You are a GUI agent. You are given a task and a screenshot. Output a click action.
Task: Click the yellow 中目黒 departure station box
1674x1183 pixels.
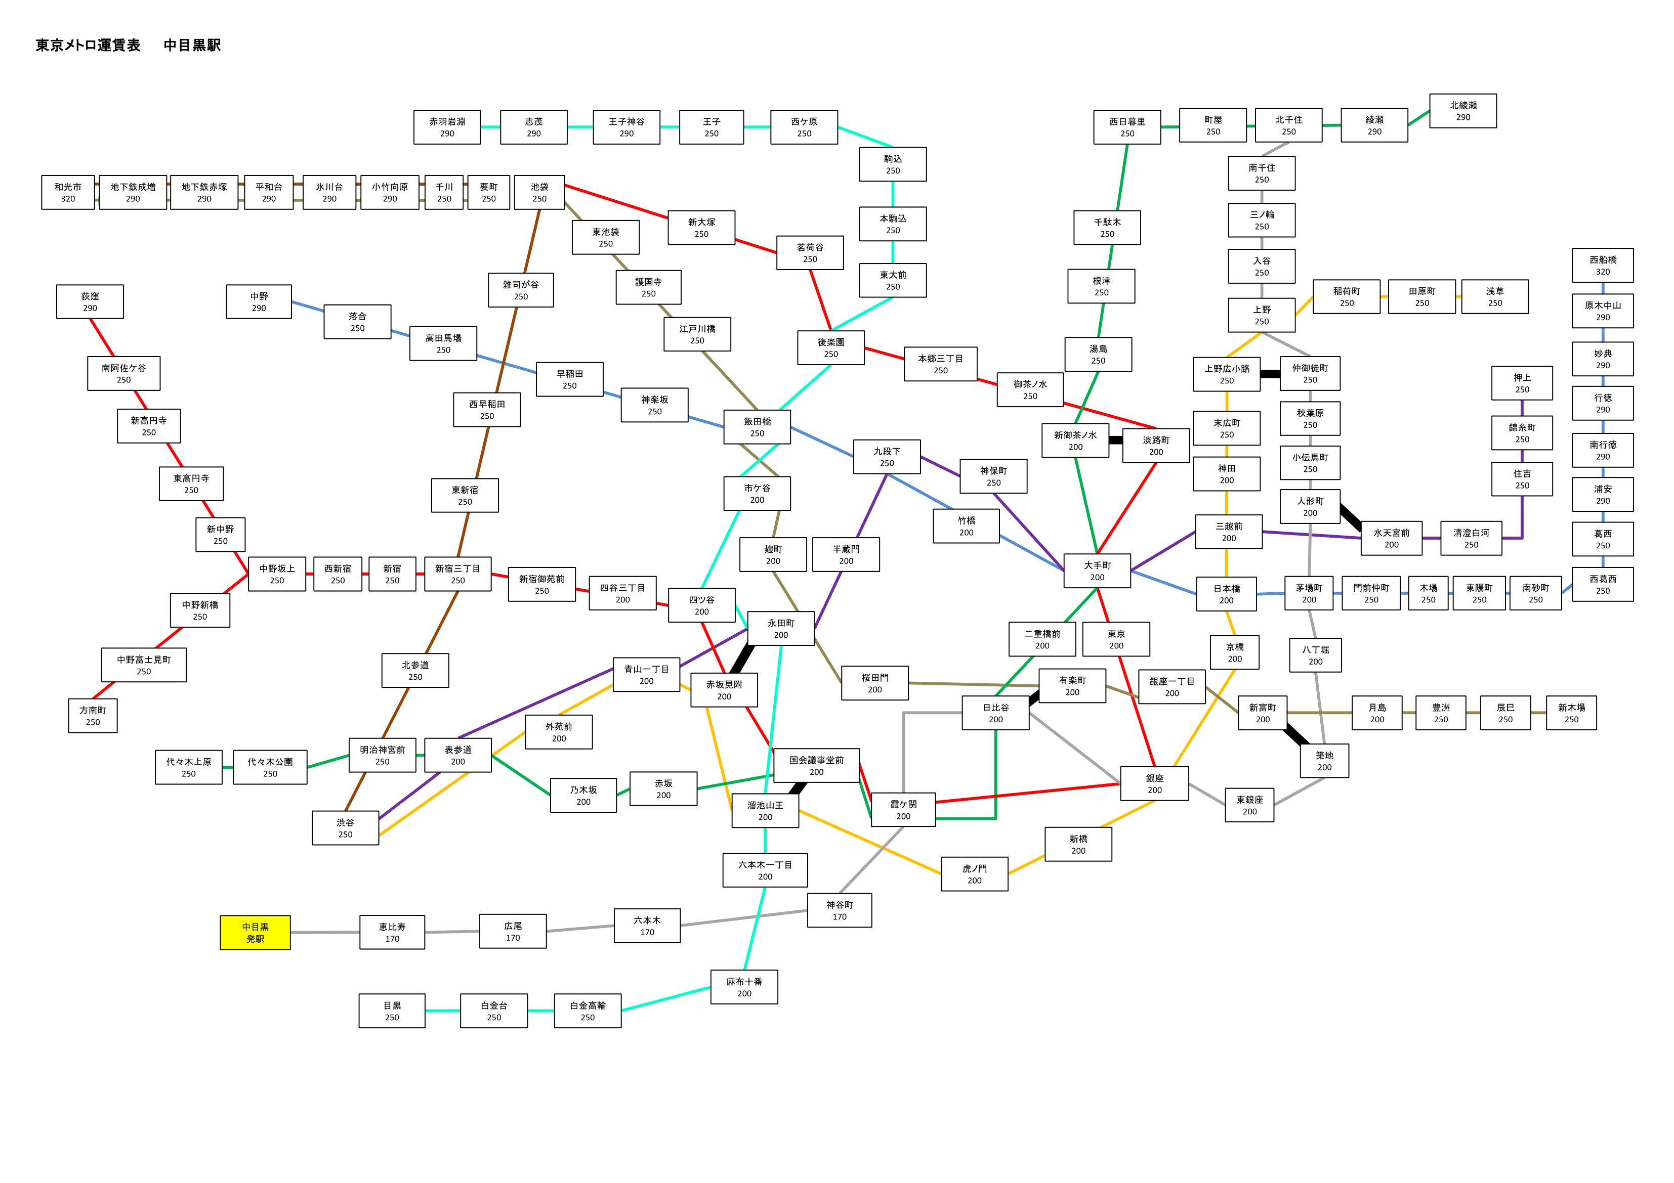pyautogui.click(x=255, y=932)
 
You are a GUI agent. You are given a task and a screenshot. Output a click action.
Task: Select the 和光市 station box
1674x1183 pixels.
pyautogui.click(x=68, y=192)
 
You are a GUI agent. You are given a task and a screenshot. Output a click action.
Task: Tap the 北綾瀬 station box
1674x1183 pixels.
pyautogui.click(x=1462, y=111)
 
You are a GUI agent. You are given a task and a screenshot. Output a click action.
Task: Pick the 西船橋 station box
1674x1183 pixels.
pyautogui.click(x=1603, y=266)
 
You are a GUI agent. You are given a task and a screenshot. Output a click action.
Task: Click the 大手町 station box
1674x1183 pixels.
pyautogui.click(x=1097, y=571)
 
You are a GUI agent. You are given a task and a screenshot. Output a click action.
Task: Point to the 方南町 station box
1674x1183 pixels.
pyautogui.click(x=93, y=716)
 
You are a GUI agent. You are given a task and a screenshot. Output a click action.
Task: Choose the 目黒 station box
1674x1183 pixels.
pyautogui.click(x=392, y=1011)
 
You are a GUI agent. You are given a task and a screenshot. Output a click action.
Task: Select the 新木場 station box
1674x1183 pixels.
pyautogui.click(x=1571, y=713)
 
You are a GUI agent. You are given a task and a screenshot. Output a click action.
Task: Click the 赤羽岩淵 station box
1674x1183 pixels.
pyautogui.click(x=447, y=127)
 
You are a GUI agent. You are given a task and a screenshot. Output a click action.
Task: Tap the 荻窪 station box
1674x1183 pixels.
pyautogui.click(x=90, y=302)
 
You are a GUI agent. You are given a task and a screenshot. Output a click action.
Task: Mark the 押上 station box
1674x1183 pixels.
pyautogui.click(x=1522, y=383)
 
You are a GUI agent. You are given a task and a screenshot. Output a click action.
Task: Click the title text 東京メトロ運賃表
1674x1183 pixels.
pyautogui.click(x=88, y=45)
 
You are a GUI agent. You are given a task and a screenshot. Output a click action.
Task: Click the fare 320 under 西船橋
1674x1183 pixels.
pyautogui.click(x=1603, y=272)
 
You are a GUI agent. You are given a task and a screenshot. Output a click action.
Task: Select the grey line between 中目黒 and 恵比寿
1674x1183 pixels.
pyautogui.click(x=325, y=932)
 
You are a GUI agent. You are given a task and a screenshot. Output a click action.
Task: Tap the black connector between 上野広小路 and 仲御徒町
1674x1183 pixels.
pyautogui.click(x=1270, y=374)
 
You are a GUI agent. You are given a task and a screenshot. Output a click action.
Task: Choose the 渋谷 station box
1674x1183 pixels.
pyautogui.click(x=346, y=828)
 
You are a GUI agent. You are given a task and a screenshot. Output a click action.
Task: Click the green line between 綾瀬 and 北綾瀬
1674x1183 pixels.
pyautogui.click(x=1419, y=117)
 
